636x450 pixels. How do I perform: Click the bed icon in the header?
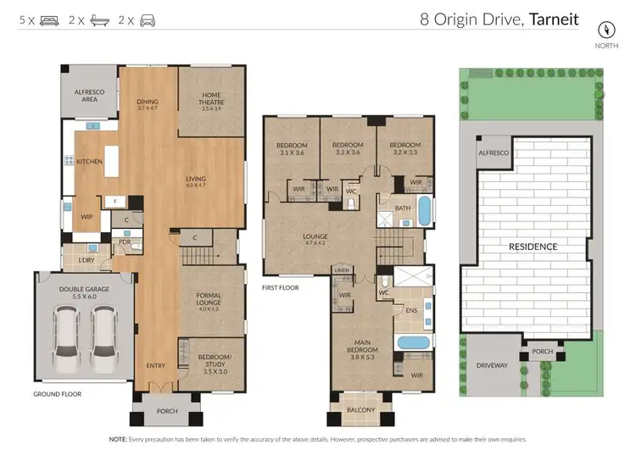point(49,19)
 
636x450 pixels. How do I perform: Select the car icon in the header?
point(148,19)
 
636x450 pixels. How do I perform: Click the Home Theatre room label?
point(211,102)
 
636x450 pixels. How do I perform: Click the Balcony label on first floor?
point(361,410)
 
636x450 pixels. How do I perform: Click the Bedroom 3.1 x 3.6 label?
point(290,149)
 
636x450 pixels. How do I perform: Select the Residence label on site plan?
point(533,247)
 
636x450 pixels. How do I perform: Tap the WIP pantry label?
point(86,217)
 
